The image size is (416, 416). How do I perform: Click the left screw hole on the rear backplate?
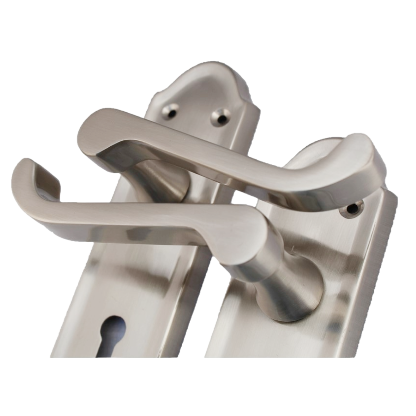pos(170,110)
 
